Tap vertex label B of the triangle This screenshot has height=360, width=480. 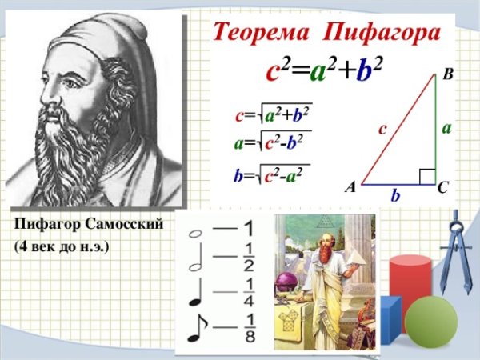[447, 75]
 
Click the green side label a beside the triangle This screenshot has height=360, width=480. [446, 128]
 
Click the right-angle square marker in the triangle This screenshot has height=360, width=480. [427, 176]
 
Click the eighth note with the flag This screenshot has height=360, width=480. [196, 329]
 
